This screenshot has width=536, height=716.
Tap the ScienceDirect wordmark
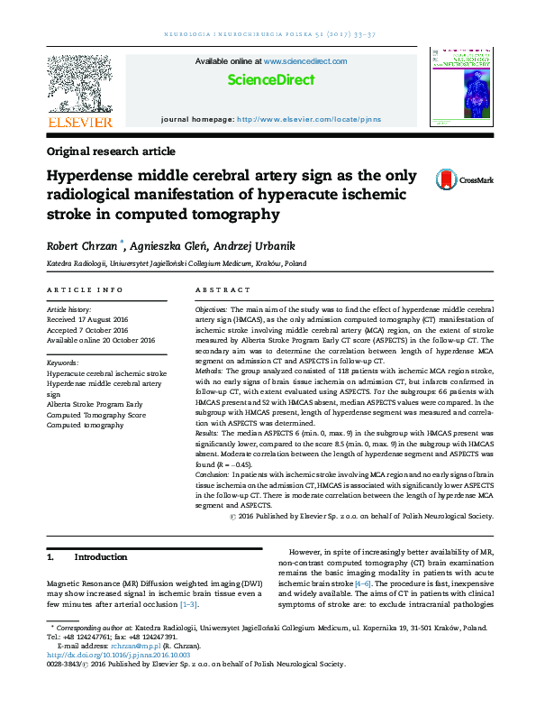pyautogui.click(x=271, y=80)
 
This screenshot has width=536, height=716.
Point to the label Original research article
pyautogui.click(x=111, y=151)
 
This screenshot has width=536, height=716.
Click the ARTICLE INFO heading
pyautogui.click(x=85, y=289)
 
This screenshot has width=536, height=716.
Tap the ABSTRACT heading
pyautogui.click(x=222, y=289)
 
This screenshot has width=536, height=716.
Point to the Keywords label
pyautogui.click(x=63, y=362)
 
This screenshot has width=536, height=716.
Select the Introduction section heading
pyautogui.click(x=100, y=557)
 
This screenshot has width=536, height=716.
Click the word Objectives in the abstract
pyautogui.click(x=213, y=309)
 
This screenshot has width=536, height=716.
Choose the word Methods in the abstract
pyautogui.click(x=210, y=370)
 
